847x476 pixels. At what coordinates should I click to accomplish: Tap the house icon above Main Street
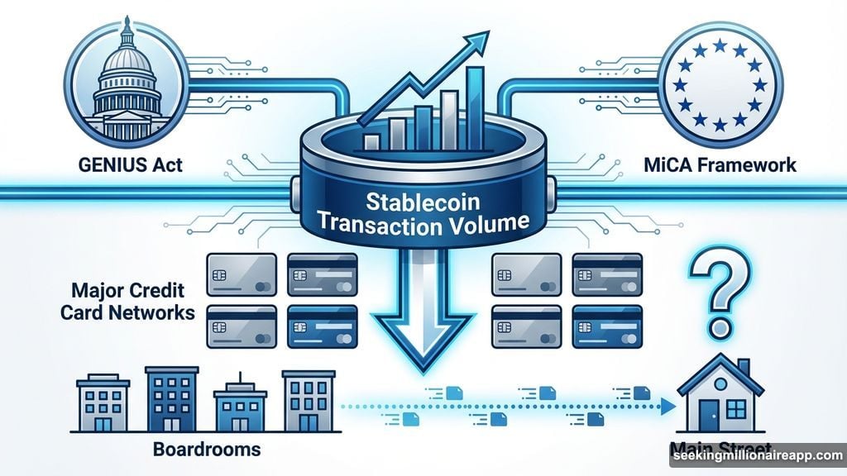pyautogui.click(x=714, y=397)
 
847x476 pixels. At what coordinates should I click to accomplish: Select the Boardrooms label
pyautogui.click(x=208, y=450)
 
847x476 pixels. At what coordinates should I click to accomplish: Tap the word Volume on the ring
pyautogui.click(x=495, y=222)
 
